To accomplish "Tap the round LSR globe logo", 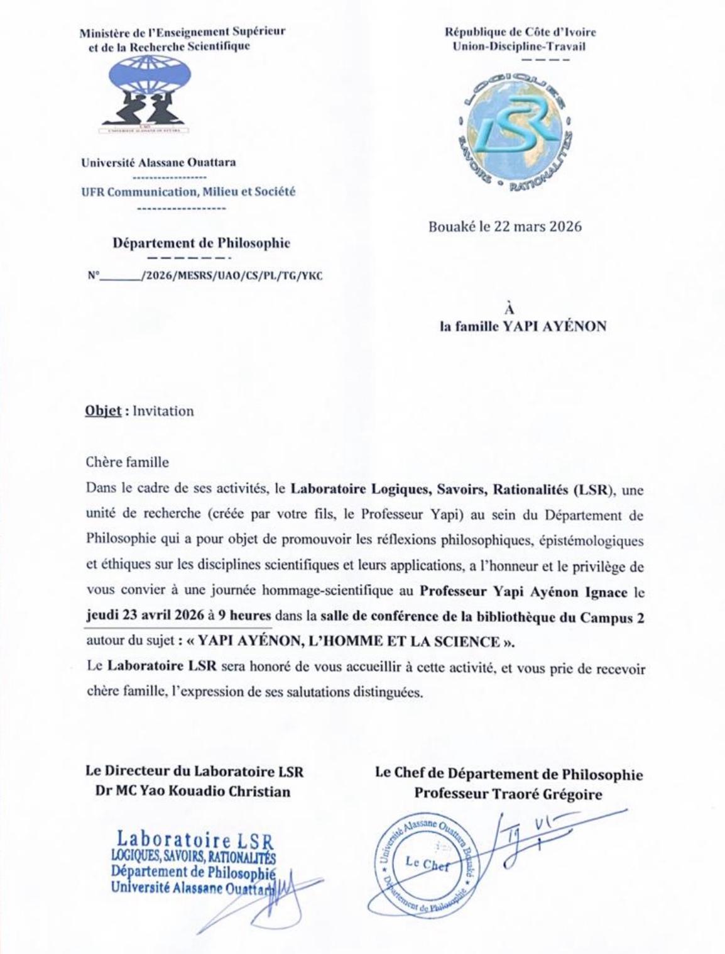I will point(514,128).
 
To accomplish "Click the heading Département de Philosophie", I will point(201,242).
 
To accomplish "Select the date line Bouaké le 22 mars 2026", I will point(504,226).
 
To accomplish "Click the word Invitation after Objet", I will point(165,411).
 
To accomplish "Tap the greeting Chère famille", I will point(127,462).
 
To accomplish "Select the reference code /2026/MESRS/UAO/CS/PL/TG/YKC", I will point(232,275).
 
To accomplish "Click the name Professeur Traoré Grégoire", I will point(508,794).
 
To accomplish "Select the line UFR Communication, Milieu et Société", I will point(188,192).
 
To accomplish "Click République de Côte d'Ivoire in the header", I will point(520,32).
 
